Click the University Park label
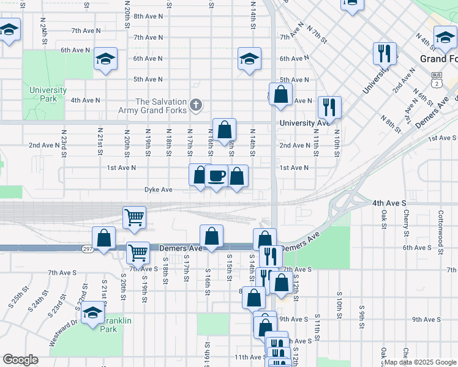pyautogui.click(x=48, y=94)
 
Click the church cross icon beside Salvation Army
pyautogui.click(x=196, y=105)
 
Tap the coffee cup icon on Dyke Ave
pyautogui.click(x=217, y=176)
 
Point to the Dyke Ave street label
pyautogui.click(x=158, y=190)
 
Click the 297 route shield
pyautogui.click(x=87, y=248)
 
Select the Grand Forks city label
pyautogui.click(x=438, y=59)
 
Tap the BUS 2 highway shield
pyautogui.click(x=436, y=77)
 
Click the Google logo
pyautogui.click(x=21, y=360)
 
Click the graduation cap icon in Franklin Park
pyautogui.click(x=93, y=313)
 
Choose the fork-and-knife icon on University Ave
pyautogui.click(x=329, y=107)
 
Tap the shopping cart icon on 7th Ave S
pyautogui.click(x=138, y=251)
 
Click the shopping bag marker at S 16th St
pyautogui.click(x=211, y=236)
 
